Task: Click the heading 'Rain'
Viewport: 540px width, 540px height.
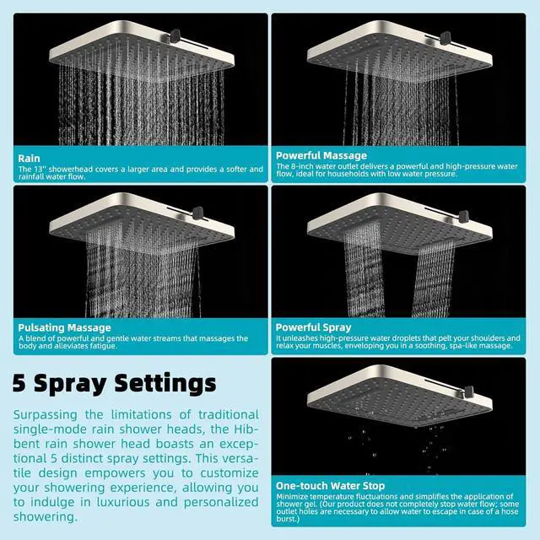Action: click(x=29, y=159)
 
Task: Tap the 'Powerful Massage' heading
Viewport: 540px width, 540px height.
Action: click(x=321, y=155)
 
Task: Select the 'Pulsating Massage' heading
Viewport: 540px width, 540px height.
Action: click(x=64, y=327)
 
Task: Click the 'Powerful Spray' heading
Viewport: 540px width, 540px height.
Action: click(x=313, y=327)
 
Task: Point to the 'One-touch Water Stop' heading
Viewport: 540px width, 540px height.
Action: click(x=330, y=486)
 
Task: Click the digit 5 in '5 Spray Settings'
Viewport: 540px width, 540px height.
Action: click(x=19, y=382)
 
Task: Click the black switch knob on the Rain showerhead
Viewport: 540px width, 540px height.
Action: click(x=175, y=35)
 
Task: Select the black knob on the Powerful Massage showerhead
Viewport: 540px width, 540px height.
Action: click(x=445, y=38)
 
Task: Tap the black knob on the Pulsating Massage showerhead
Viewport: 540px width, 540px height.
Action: click(x=198, y=213)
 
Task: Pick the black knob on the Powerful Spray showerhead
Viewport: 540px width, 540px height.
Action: click(x=463, y=216)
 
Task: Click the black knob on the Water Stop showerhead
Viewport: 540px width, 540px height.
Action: click(x=469, y=391)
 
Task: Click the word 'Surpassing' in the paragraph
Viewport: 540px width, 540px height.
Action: click(x=46, y=415)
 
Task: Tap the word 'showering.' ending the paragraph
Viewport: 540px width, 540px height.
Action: click(x=46, y=517)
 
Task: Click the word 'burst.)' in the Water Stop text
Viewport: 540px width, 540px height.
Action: click(x=288, y=519)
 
